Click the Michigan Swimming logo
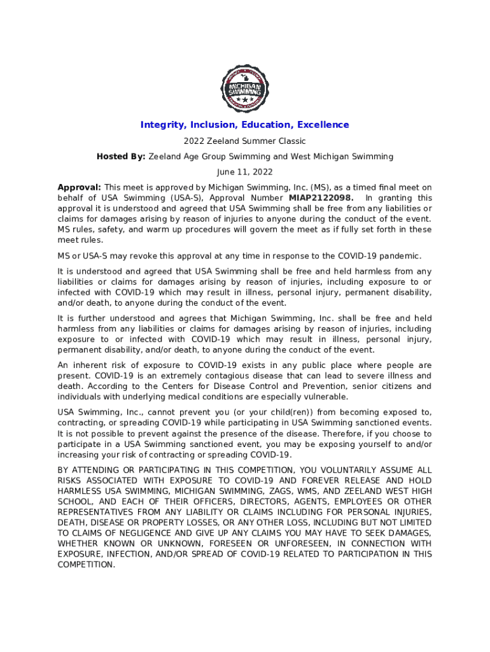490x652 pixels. tap(244, 88)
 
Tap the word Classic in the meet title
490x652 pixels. tap(291, 141)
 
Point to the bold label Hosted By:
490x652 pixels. tap(121, 156)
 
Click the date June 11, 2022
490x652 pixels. tap(244, 172)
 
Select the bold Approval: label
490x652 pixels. tap(80, 187)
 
